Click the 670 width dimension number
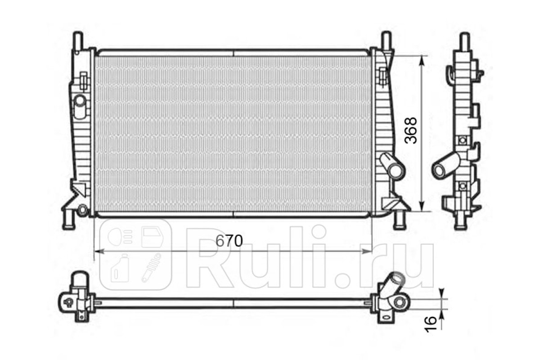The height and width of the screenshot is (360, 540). click(229, 241)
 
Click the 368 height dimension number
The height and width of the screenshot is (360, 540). click(410, 130)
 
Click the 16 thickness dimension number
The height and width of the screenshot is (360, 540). click(430, 324)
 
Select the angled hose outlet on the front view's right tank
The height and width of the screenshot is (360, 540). click(392, 166)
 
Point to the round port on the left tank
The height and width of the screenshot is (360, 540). click(80, 101)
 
